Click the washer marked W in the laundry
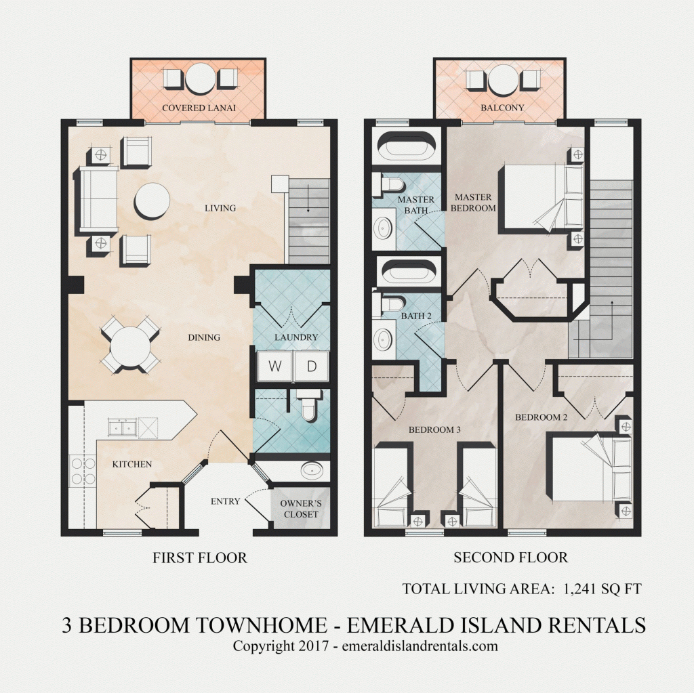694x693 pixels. coord(274,366)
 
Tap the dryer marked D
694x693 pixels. coord(312,366)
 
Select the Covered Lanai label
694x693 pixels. coord(199,108)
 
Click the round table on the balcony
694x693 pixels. coord(503,80)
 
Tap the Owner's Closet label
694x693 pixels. coord(301,509)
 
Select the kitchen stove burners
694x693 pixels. coord(83,471)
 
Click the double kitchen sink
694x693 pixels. coord(123,427)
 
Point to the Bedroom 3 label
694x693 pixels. coord(434,429)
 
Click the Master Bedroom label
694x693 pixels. coord(473,203)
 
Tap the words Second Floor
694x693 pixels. coord(510,557)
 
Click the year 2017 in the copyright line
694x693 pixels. coord(313,646)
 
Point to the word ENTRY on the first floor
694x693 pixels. coord(225,501)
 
